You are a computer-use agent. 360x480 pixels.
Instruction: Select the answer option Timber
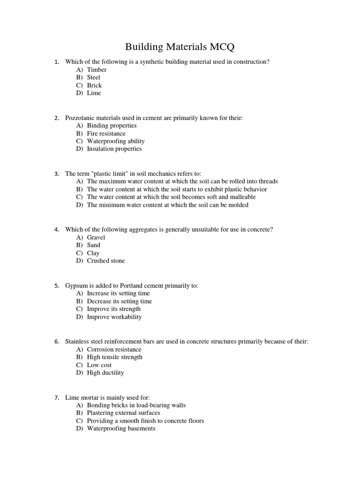pyautogui.click(x=97, y=69)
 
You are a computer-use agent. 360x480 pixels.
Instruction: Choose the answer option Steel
pyautogui.click(x=93, y=77)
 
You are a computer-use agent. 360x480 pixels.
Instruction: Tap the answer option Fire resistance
pyautogui.click(x=106, y=134)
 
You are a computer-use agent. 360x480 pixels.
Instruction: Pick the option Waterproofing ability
pyautogui.click(x=115, y=141)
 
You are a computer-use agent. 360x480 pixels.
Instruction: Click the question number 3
pyautogui.click(x=56, y=173)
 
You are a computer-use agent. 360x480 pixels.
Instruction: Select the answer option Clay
pyautogui.click(x=93, y=253)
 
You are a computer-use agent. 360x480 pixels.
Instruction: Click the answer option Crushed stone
pyautogui.click(x=106, y=261)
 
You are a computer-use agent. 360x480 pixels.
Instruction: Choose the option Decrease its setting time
pyautogui.click(x=120, y=301)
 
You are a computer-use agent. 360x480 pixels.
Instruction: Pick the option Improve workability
pyautogui.click(x=114, y=317)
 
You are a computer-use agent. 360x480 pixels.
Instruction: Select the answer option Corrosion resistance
pyautogui.click(x=114, y=349)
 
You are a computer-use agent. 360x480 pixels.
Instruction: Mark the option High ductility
pyautogui.click(x=105, y=373)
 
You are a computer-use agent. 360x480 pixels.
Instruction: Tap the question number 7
pyautogui.click(x=56, y=397)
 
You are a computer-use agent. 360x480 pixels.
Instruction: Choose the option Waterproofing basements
pyautogui.click(x=121, y=428)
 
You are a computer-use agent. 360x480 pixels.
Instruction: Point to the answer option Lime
pyautogui.click(x=94, y=93)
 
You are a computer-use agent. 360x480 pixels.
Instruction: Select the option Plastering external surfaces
pyautogui.click(x=123, y=413)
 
